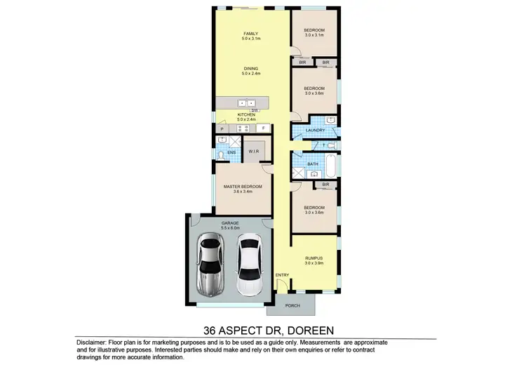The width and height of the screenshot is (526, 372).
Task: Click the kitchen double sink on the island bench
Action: coord(245,102)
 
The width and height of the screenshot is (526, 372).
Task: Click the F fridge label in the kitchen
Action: coord(264,128)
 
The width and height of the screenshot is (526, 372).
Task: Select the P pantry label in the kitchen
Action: coord(222,129)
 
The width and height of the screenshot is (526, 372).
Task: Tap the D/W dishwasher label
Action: coord(256,111)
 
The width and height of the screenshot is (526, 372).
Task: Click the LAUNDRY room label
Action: coord(314,130)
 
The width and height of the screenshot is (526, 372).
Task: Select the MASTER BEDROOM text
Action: coord(243,186)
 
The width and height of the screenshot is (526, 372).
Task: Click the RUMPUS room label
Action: coord(313,258)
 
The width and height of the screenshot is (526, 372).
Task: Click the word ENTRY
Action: coord(282,274)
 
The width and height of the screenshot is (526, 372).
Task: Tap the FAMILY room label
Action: coord(250,34)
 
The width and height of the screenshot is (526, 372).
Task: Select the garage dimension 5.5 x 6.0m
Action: coord(231,227)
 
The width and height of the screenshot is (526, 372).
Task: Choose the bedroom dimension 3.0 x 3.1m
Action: coord(313,36)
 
